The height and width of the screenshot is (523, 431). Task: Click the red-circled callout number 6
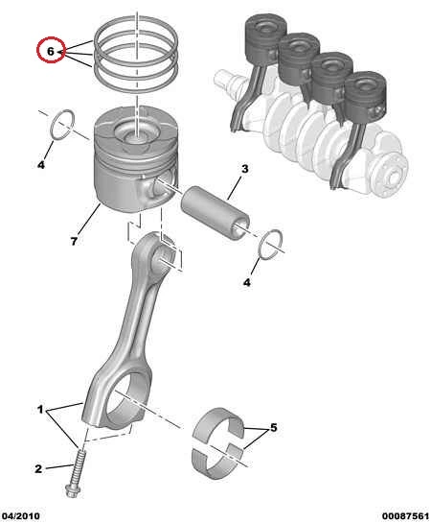coord(50,52)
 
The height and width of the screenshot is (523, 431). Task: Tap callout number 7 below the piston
coord(74,241)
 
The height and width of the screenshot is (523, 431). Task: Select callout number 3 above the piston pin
coord(244,169)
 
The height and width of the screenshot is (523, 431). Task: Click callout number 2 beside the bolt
coord(38,468)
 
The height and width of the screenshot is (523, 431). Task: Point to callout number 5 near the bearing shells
coord(273,427)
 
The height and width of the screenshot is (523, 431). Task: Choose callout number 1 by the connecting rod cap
coord(40,409)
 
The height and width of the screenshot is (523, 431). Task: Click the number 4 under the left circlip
coord(40,164)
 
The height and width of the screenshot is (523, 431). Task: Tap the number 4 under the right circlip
coord(246,282)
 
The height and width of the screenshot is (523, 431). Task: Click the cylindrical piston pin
coord(215,213)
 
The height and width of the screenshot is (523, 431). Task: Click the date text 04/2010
coord(21,516)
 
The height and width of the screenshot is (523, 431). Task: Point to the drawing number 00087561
coord(405,516)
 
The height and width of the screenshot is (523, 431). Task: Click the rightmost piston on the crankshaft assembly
coord(365,96)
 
